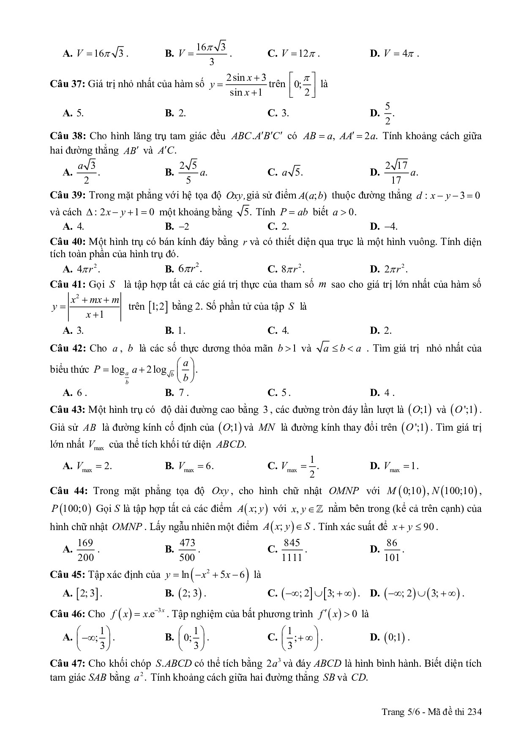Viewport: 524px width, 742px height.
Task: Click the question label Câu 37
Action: coord(67,84)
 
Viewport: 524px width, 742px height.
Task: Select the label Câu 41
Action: coord(67,284)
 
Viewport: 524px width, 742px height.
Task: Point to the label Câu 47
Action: coord(67,663)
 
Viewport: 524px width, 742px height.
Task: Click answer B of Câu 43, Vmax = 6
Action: coord(190,467)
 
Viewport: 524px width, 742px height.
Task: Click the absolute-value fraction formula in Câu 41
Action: coord(87,307)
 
